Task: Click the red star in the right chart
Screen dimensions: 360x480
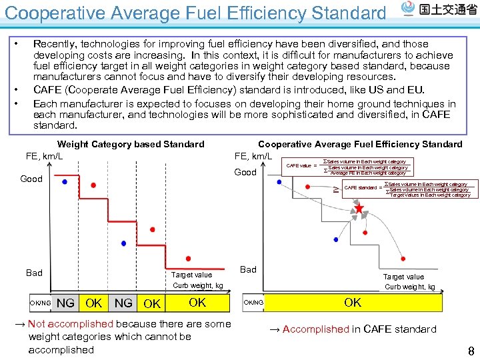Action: (x=359, y=209)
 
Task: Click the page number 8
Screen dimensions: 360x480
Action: (x=471, y=351)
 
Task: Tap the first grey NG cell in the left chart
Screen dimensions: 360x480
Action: (x=65, y=303)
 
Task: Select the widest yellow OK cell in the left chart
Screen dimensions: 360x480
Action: (x=197, y=303)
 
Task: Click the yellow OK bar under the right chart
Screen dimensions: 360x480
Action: (x=353, y=303)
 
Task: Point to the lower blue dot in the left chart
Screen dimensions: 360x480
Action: (x=123, y=243)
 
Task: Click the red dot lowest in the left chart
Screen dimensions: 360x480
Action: (x=188, y=258)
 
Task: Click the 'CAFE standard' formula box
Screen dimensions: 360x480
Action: (x=407, y=189)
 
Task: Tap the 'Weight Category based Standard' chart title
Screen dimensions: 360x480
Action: (x=131, y=144)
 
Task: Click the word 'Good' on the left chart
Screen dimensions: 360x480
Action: (x=31, y=179)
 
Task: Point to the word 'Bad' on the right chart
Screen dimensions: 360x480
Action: (x=248, y=269)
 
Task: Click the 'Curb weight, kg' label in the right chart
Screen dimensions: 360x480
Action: (x=409, y=287)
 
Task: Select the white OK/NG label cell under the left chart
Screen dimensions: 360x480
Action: (x=40, y=303)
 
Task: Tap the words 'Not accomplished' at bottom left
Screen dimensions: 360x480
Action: (x=71, y=324)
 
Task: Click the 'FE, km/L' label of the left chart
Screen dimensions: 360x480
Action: (x=45, y=157)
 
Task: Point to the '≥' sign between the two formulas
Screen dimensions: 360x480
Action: (x=335, y=189)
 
